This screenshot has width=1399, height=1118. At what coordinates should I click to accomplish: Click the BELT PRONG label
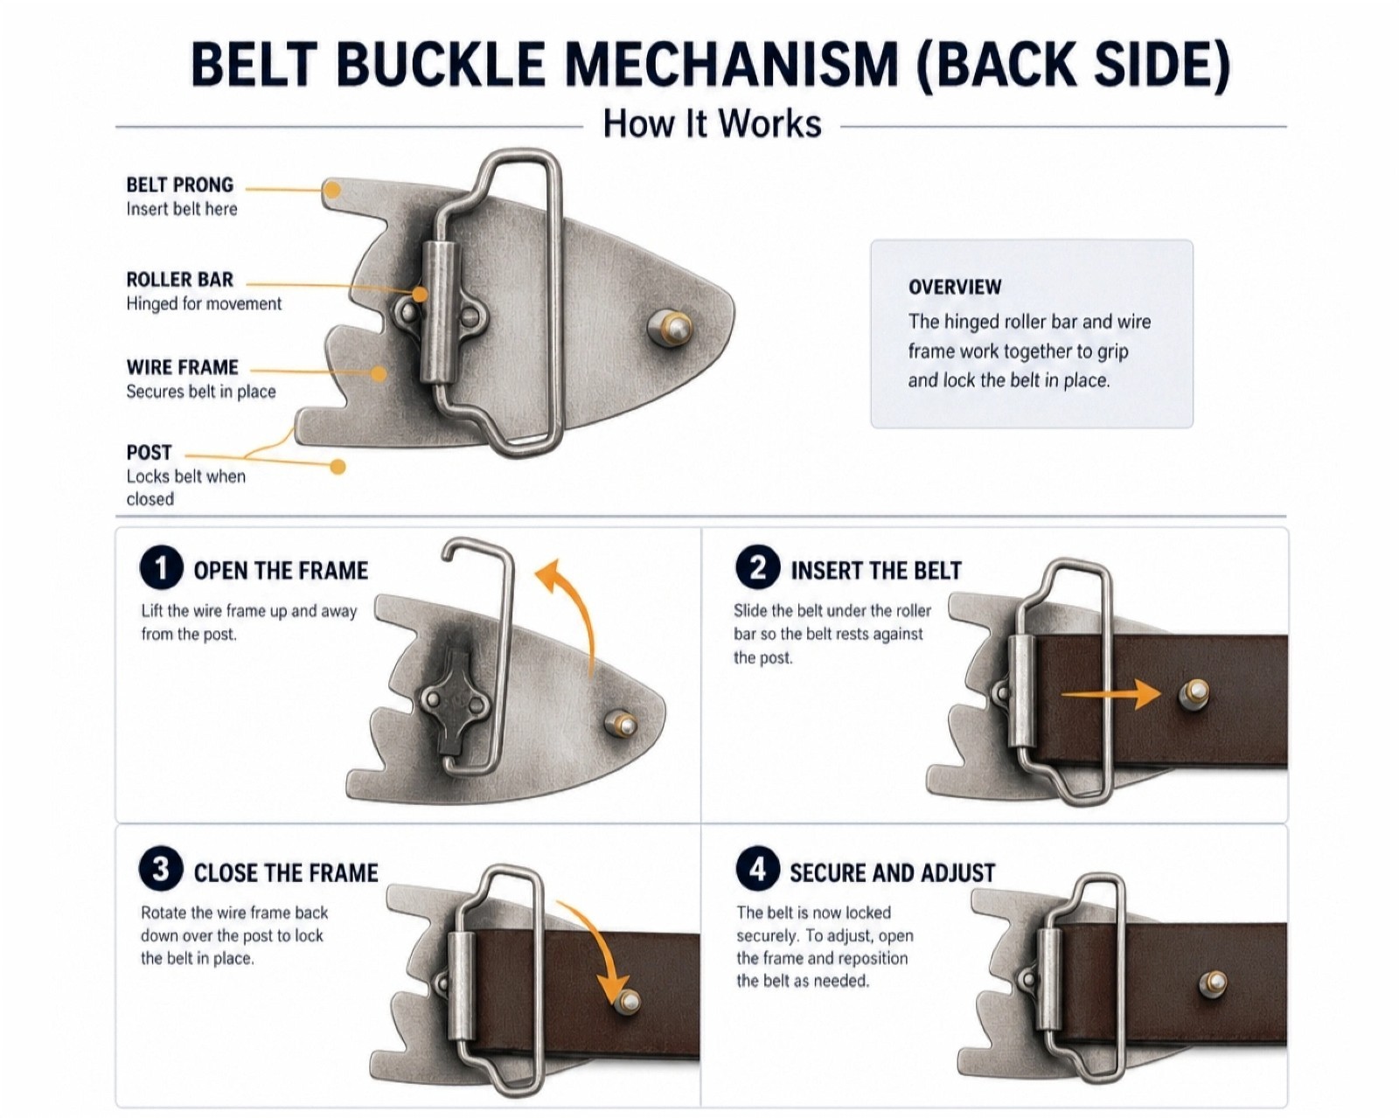[180, 184]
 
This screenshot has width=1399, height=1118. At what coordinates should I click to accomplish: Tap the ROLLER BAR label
[179, 280]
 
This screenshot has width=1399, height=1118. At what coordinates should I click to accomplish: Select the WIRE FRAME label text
[183, 367]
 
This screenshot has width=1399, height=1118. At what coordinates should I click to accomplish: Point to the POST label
[149, 453]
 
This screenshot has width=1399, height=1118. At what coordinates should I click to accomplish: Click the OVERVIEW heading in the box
[955, 287]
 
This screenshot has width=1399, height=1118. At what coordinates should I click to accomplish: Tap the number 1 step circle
[161, 568]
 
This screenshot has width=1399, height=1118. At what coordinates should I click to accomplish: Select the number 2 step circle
[757, 568]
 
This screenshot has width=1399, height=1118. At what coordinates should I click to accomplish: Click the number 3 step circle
[161, 870]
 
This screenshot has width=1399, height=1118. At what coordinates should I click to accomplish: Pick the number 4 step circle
[757, 870]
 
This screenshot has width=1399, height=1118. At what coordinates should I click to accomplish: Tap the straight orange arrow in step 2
[1110, 694]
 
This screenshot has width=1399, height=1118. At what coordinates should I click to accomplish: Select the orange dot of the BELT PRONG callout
[332, 190]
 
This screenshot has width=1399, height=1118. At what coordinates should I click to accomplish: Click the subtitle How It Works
[712, 123]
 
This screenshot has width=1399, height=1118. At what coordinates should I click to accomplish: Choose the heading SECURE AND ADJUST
[892, 872]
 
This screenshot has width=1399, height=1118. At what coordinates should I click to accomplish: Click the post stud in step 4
[1212, 984]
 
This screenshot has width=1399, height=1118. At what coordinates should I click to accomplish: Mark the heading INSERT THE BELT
[875, 571]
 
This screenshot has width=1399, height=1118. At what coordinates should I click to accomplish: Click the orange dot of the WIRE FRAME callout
[379, 373]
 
